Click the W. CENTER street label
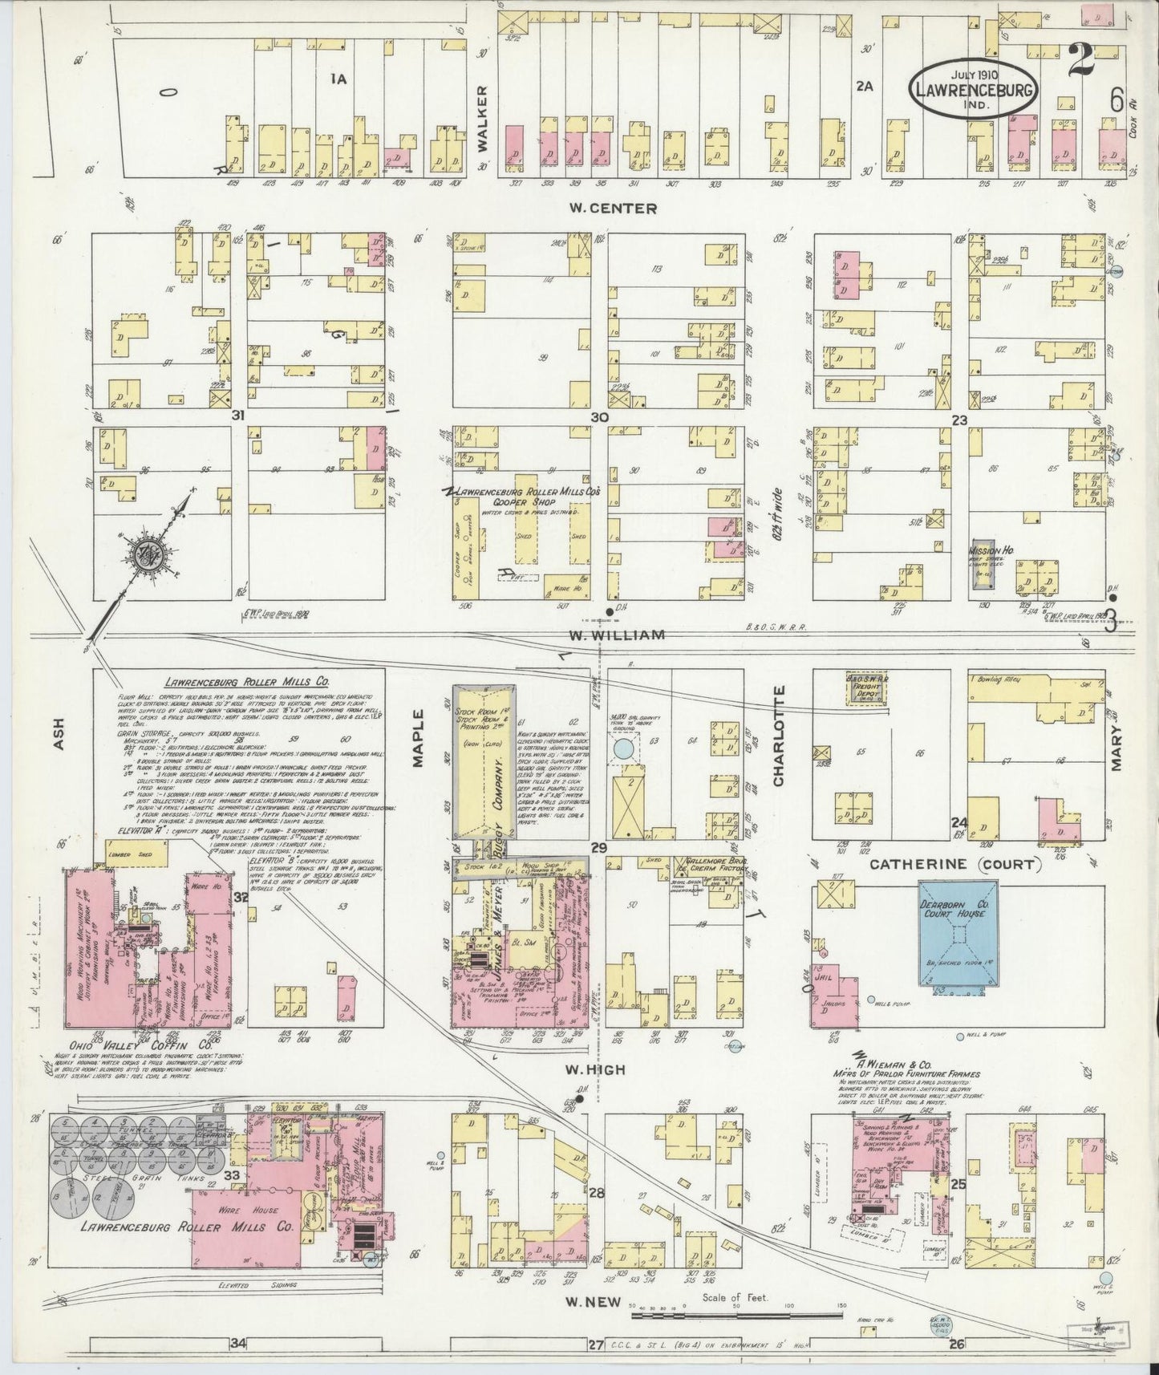tap(613, 209)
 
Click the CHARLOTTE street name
tap(778, 736)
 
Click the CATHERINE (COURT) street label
tap(954, 865)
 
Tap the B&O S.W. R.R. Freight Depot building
tap(870, 688)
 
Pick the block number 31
tap(237, 416)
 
